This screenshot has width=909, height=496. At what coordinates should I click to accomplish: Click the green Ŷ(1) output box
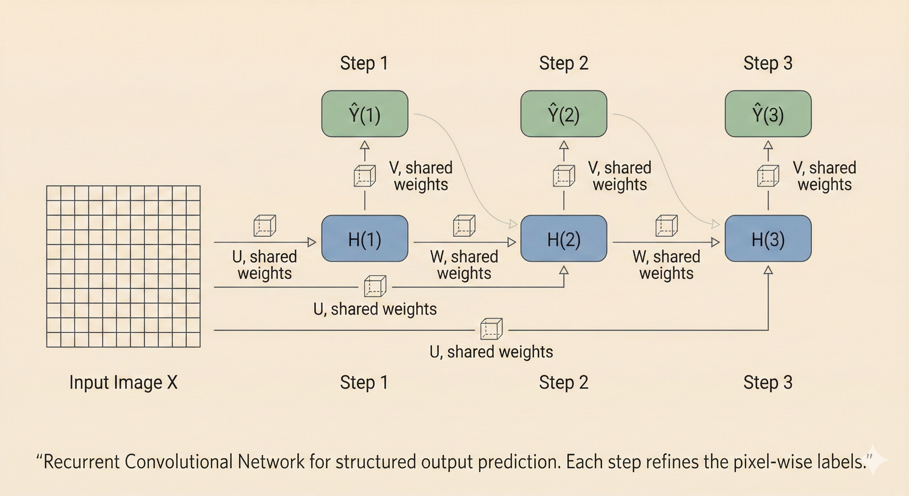point(364,114)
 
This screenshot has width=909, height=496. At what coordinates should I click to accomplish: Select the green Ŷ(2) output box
point(564,114)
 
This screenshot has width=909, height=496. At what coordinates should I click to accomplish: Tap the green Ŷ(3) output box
point(768,114)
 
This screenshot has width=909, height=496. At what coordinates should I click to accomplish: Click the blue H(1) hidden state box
point(364,239)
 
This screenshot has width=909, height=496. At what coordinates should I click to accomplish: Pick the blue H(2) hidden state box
point(564,239)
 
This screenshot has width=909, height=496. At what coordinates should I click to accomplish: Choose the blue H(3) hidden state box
point(768,239)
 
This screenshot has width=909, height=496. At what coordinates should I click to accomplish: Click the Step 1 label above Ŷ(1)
point(364,64)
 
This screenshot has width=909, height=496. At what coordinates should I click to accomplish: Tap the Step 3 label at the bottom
point(768,382)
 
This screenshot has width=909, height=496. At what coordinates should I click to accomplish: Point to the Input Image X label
point(123,382)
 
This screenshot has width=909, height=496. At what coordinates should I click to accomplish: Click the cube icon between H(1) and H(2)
point(464,226)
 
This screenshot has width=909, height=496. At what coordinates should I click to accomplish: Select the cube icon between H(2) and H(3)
point(666,226)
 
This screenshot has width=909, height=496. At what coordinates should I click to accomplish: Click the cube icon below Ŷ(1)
point(364,176)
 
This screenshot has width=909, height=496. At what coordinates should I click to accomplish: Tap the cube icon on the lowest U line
point(491,329)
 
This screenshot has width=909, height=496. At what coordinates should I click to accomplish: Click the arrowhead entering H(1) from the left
point(312,242)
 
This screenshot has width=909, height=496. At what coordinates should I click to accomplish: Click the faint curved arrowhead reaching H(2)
point(513,223)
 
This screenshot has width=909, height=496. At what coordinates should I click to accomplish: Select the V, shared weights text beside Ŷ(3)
point(824,176)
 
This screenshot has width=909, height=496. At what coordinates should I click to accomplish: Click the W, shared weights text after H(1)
point(464,265)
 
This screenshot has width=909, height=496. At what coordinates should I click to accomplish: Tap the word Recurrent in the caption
point(81,462)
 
